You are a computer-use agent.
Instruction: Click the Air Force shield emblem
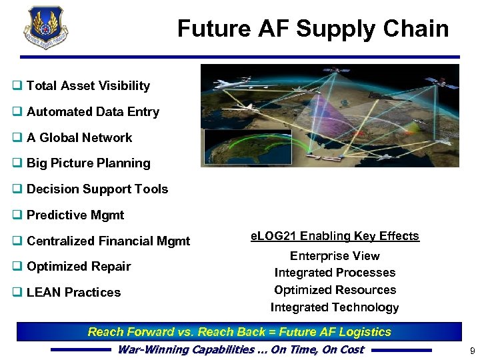(46, 27)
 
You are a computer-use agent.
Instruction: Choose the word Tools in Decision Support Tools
(152, 189)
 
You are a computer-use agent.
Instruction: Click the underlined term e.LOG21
(273, 236)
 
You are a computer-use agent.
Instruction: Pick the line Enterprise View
(335, 256)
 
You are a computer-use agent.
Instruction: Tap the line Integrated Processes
(335, 273)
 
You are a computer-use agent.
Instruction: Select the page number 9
(471, 351)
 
